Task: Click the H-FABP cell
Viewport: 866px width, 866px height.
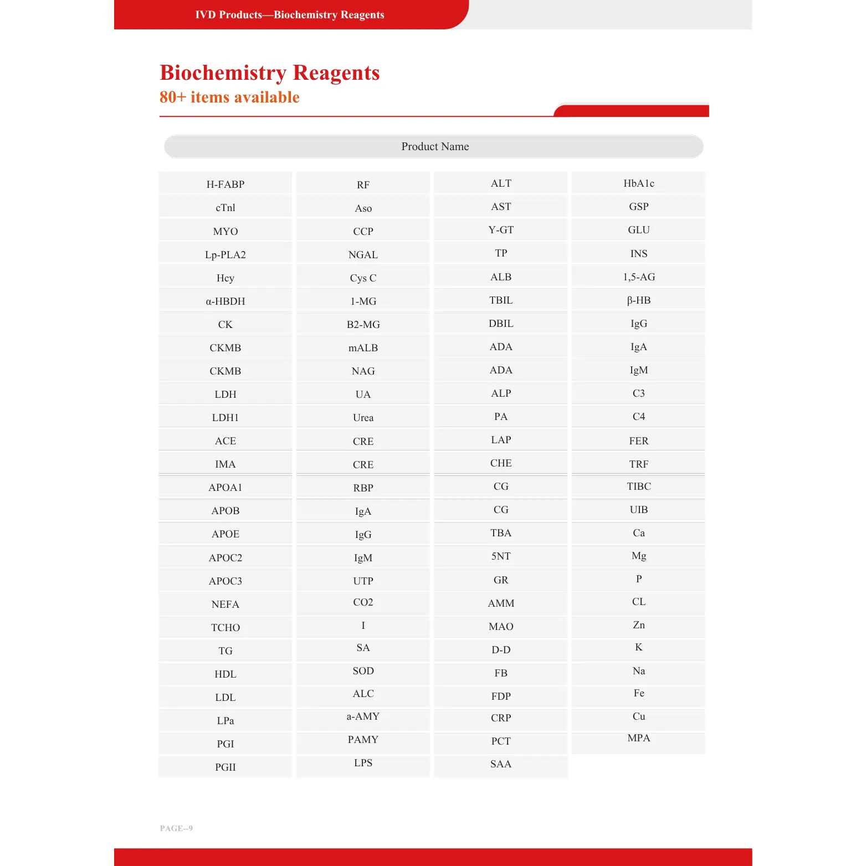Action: (225, 184)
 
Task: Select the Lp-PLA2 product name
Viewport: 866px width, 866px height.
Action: (225, 254)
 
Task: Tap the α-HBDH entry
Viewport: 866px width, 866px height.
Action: (225, 301)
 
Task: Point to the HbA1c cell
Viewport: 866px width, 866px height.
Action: (638, 183)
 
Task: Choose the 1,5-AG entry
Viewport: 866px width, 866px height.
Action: (638, 276)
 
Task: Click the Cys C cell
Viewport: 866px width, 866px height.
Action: (363, 278)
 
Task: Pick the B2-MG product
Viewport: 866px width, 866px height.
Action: (363, 324)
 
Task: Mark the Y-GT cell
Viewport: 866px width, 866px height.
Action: (501, 230)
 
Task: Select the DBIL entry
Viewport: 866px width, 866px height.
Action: (501, 323)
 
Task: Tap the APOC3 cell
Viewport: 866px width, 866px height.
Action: (225, 581)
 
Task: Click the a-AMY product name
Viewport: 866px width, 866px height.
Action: (363, 716)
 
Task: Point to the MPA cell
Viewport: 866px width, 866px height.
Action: (638, 738)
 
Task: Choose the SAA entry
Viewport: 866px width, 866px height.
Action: (501, 764)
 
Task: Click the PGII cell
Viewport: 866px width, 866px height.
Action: (225, 767)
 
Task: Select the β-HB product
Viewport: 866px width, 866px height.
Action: (638, 300)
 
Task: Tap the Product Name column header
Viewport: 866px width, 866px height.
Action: (434, 146)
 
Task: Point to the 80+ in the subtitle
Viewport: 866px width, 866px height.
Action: (172, 97)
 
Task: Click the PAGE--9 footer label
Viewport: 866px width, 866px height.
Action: (176, 828)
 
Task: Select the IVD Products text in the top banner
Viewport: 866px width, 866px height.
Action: (228, 15)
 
